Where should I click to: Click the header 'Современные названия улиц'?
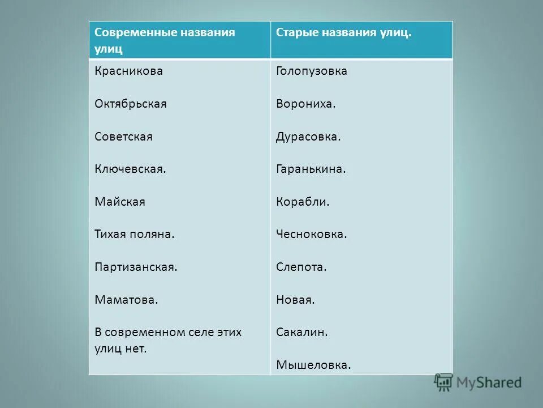[165, 40]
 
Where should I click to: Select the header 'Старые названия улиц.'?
[344, 32]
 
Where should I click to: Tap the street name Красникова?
[129, 71]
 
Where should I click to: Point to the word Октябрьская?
[131, 104]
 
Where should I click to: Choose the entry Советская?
[124, 137]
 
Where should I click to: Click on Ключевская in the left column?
[130, 169]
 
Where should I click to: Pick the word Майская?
[120, 202]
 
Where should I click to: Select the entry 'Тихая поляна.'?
[135, 234]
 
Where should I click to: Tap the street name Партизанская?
[136, 267]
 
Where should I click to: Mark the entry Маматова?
[126, 300]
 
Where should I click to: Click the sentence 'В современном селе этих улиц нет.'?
[168, 340]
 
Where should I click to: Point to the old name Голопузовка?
[312, 71]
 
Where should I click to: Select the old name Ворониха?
[306, 104]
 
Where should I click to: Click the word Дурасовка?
[308, 137]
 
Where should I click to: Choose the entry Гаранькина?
[311, 169]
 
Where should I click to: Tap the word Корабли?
[303, 202]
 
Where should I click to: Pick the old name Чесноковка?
[312, 234]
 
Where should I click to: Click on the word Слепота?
[301, 267]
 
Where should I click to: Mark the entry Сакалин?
[302, 332]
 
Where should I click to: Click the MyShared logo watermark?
[478, 382]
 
